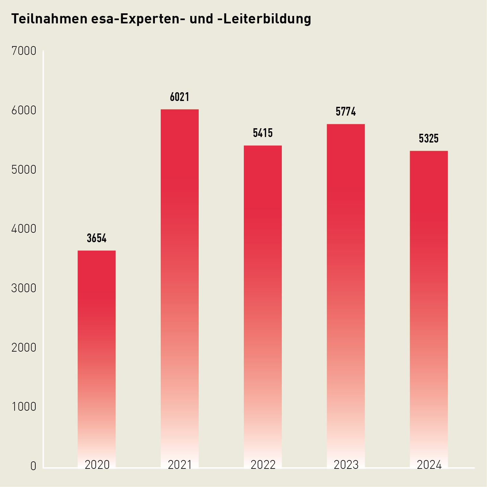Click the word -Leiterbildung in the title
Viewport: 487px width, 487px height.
pos(264,19)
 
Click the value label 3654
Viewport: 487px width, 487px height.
pos(96,238)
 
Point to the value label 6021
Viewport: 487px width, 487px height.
pos(180,97)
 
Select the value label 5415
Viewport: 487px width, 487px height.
pos(263,133)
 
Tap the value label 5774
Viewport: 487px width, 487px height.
pos(346,112)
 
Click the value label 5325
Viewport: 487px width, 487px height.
pos(429,139)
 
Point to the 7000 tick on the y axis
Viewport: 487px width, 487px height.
pos(24,51)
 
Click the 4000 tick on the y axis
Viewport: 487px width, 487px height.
pos(24,229)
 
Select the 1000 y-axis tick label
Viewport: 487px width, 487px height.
pos(24,406)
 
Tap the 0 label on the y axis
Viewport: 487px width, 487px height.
pos(33,466)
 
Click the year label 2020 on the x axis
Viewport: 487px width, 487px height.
pos(97,465)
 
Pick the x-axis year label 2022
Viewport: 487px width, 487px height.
pos(263,465)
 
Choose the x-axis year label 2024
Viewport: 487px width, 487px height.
pos(429,465)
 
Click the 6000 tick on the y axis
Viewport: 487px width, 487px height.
pos(24,110)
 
